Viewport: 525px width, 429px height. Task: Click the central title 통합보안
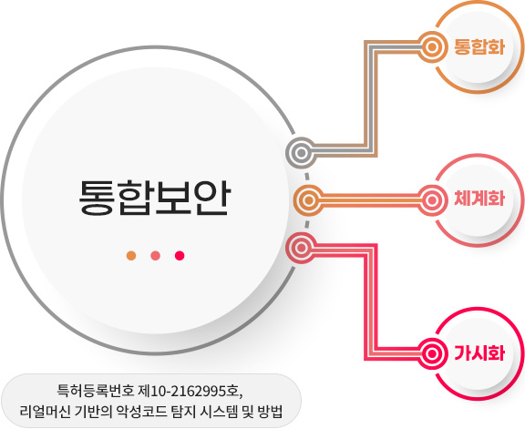(x=155, y=198)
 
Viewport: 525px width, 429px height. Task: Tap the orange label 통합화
(x=479, y=46)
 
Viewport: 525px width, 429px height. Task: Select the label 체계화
(x=479, y=198)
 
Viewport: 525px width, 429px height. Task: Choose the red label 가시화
(x=479, y=353)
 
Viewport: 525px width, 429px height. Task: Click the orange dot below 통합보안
(x=131, y=256)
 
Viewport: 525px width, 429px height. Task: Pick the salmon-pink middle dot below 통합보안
(x=155, y=256)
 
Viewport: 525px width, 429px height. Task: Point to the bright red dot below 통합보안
(x=180, y=256)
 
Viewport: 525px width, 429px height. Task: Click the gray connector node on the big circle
(x=301, y=153)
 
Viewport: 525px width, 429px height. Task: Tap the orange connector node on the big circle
(x=309, y=200)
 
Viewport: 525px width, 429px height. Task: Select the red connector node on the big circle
(x=301, y=248)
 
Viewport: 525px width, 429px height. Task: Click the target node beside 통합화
(x=432, y=47)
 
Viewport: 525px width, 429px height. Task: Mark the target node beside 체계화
(x=432, y=200)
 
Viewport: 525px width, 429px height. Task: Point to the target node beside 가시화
(x=432, y=353)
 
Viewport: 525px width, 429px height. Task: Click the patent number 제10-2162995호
(x=190, y=391)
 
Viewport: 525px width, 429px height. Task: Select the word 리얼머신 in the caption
(x=46, y=412)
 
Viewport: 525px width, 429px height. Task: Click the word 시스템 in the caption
(x=219, y=412)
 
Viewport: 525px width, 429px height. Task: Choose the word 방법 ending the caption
(x=270, y=412)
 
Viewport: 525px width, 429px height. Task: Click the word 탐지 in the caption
(x=183, y=412)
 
